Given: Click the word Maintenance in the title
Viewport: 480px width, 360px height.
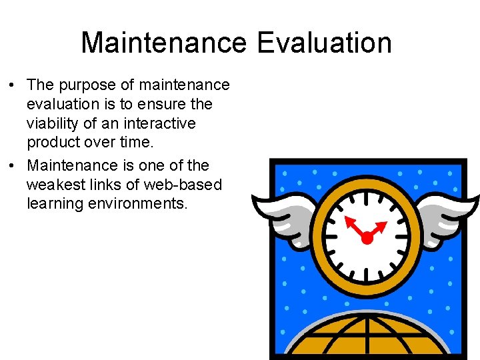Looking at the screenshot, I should (164, 43).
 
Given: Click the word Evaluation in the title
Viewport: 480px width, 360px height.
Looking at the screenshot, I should (324, 43).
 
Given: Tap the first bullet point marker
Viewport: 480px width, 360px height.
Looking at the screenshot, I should (13, 85).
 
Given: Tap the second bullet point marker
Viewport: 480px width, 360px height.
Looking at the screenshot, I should (13, 165).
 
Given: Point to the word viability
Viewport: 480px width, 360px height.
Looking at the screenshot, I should (58, 124).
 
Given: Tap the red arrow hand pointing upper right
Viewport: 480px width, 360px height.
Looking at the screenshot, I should (377, 229).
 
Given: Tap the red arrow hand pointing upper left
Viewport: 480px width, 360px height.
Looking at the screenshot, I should (353, 225).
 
